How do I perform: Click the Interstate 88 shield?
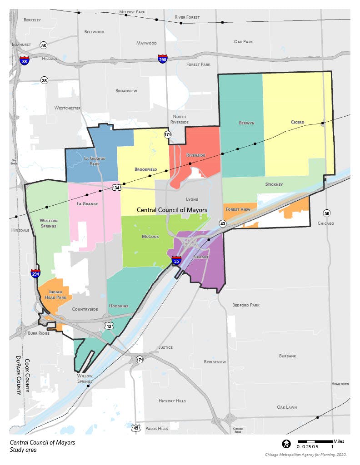pos(25,61)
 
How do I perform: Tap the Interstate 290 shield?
pos(162,59)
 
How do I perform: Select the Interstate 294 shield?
pos(35,273)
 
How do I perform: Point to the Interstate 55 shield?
pos(177,261)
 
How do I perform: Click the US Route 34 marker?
pos(117,187)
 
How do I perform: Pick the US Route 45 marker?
pos(136,428)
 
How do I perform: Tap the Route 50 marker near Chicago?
pos(326,213)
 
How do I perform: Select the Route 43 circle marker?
pos(223,223)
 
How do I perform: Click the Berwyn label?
pos(246,123)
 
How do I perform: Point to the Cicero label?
pos(298,122)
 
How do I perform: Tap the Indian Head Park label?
pos(55,295)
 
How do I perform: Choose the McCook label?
pos(150,237)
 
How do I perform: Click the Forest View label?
pos(238,209)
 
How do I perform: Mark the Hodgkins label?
pos(119,306)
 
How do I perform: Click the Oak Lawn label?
pos(287,407)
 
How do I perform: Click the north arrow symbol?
pos(286,443)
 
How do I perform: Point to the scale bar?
pos(315,441)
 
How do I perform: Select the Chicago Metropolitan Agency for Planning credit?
pos(306,455)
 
